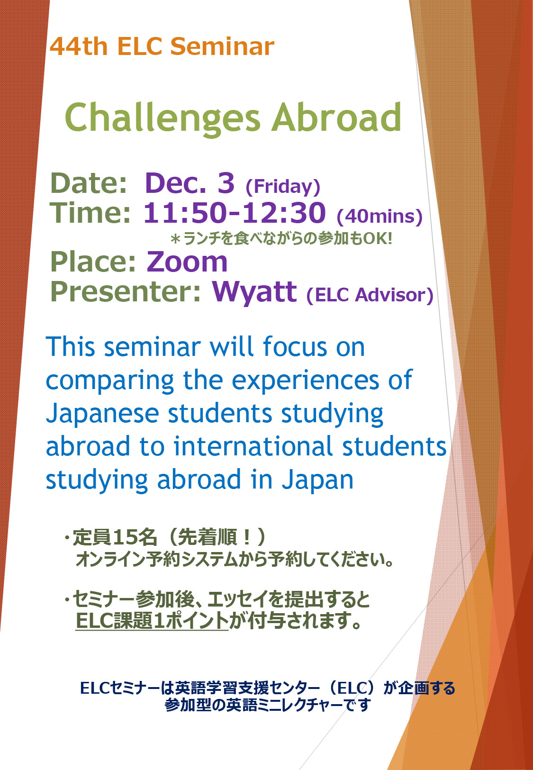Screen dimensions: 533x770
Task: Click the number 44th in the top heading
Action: pos(78,46)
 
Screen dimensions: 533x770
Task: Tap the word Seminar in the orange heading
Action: pos(222,46)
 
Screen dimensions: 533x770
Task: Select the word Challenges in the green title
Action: pos(162,118)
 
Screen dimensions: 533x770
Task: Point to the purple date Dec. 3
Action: pos(190,183)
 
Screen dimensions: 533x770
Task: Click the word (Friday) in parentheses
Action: pos(283,187)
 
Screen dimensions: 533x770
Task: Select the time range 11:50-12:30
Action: pos(234,213)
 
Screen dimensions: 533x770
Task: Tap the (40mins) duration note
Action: pos(379,217)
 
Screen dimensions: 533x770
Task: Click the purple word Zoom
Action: pos(187,262)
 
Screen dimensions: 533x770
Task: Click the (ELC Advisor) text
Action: pos(370,295)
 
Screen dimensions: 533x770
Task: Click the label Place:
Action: pos(93,262)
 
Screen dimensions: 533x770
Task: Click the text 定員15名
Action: pos(115,537)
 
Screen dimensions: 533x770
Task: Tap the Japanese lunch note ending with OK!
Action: pos(281,238)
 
